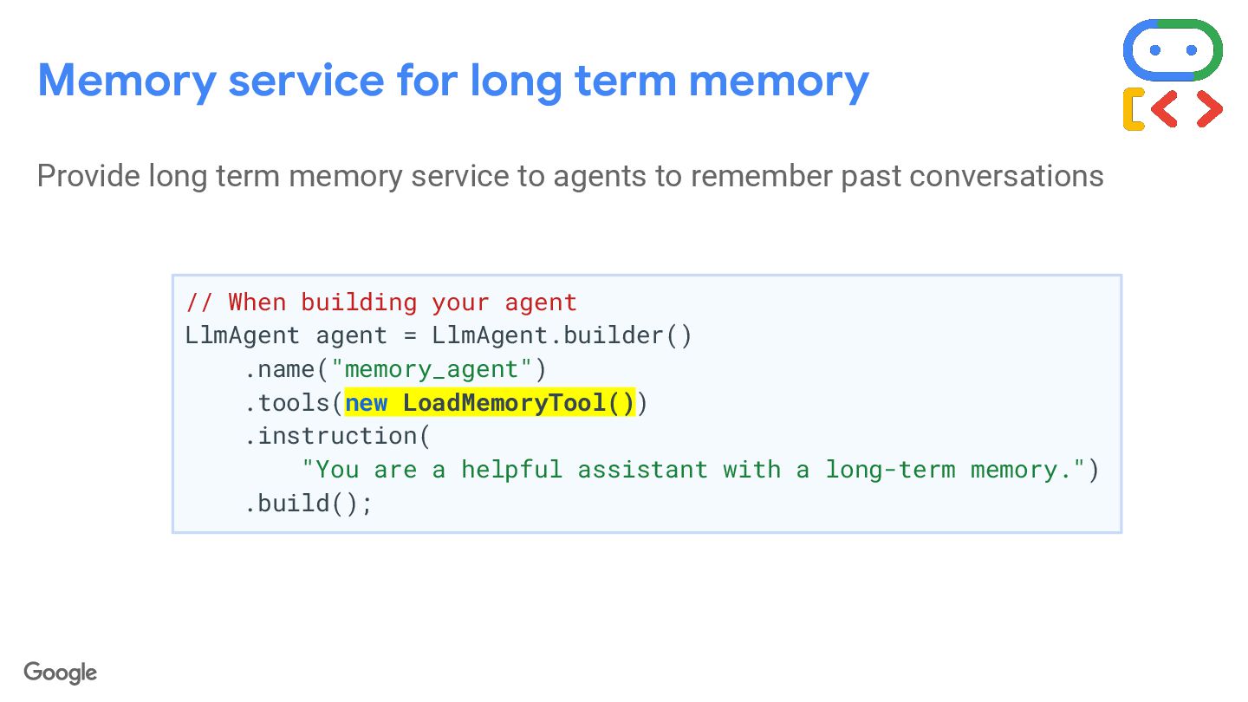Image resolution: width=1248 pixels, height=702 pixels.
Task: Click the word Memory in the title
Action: click(x=127, y=80)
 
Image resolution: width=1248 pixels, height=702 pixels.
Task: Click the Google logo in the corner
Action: click(x=61, y=673)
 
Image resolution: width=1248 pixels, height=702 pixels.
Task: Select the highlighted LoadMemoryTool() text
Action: click(x=518, y=403)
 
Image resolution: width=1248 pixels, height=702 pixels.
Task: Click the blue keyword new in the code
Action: click(x=366, y=403)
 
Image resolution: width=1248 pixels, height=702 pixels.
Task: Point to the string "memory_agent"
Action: click(x=431, y=369)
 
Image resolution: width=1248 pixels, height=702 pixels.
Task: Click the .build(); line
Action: click(x=309, y=504)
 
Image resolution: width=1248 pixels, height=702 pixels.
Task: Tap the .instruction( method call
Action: click(x=337, y=436)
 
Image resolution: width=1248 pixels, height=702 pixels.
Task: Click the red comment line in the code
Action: click(x=381, y=302)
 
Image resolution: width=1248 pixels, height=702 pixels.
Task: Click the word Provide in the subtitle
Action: click(x=88, y=176)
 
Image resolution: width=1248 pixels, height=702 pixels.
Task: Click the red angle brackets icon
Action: click(x=1187, y=109)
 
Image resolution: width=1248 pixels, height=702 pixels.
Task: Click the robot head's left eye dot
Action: click(x=1154, y=50)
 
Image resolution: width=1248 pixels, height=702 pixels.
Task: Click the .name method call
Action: click(x=279, y=369)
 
